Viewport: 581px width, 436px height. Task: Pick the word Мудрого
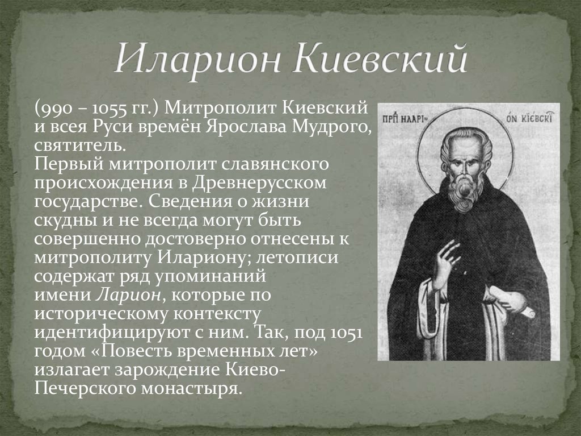click(x=330, y=127)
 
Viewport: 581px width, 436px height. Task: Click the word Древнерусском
click(x=259, y=183)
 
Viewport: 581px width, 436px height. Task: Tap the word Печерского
click(x=85, y=388)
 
